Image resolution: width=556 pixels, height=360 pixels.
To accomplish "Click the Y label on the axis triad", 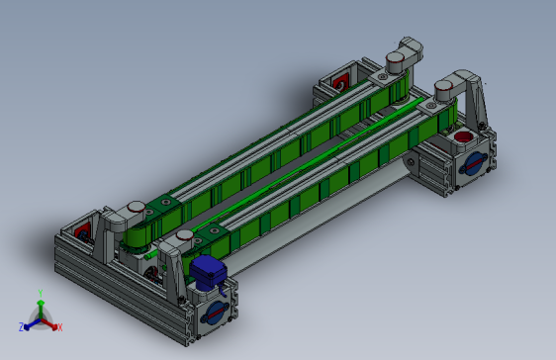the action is (x=41, y=293).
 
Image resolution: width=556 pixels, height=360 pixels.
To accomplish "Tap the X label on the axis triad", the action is (x=60, y=327).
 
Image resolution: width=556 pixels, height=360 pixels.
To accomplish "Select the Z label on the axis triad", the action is (x=21, y=327).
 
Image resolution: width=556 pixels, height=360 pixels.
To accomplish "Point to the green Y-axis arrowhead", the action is (x=41, y=303).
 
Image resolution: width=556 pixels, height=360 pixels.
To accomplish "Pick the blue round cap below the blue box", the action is (x=215, y=314).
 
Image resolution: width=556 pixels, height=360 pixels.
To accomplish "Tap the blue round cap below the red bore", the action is (x=473, y=164).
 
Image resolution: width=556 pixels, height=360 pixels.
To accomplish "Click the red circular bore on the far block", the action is (x=463, y=136).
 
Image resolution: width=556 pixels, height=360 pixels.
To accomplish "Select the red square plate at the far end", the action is (x=340, y=82).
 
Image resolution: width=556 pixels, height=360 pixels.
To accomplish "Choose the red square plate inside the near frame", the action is (x=82, y=232).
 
